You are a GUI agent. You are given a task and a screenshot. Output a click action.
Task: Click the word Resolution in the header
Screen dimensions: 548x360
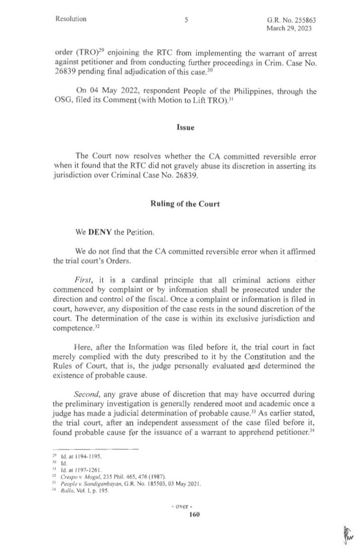[71, 19]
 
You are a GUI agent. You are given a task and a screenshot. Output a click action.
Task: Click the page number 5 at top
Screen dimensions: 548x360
[186, 20]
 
